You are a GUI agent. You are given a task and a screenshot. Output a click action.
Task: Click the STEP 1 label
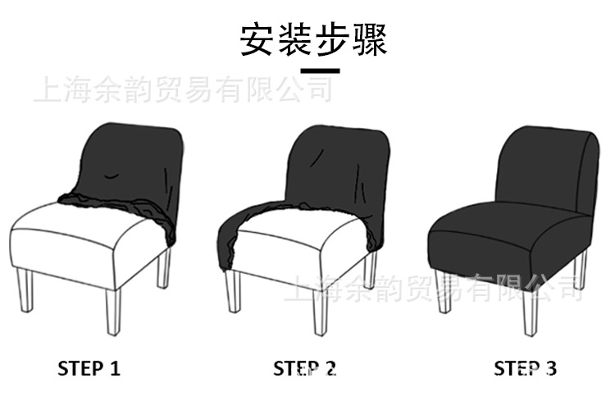tap(89, 368)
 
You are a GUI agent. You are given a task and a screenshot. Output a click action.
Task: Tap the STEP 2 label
tap(305, 368)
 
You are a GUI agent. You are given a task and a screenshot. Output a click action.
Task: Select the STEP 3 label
tap(525, 368)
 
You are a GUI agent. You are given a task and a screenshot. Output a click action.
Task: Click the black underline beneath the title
tap(320, 71)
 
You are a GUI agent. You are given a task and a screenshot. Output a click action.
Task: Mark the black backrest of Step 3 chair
tap(545, 164)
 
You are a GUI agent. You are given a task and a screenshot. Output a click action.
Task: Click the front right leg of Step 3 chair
tap(530, 312)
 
